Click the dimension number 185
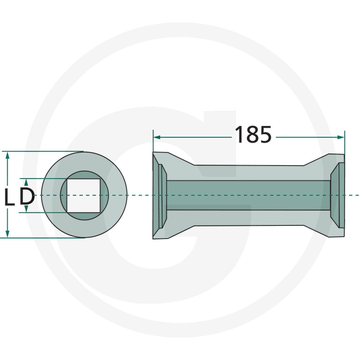253,135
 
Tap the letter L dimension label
9,197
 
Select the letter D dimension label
27,197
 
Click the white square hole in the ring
83,196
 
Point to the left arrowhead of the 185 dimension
157,137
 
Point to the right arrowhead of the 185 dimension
341,137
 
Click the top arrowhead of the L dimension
8,155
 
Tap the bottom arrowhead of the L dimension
8,234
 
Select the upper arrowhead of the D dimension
26,182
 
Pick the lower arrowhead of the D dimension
26,209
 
